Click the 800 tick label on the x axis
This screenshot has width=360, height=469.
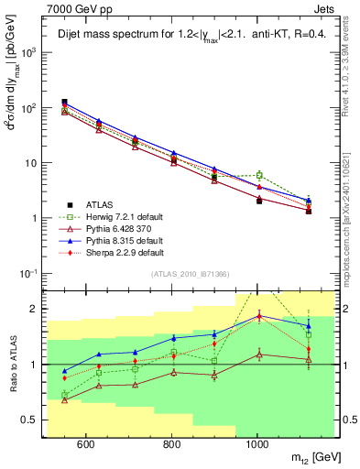click(171, 445)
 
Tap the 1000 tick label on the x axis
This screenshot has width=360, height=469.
click(257, 445)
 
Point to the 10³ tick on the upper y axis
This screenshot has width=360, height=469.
click(31, 52)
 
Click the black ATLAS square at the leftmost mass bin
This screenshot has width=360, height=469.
click(65, 103)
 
